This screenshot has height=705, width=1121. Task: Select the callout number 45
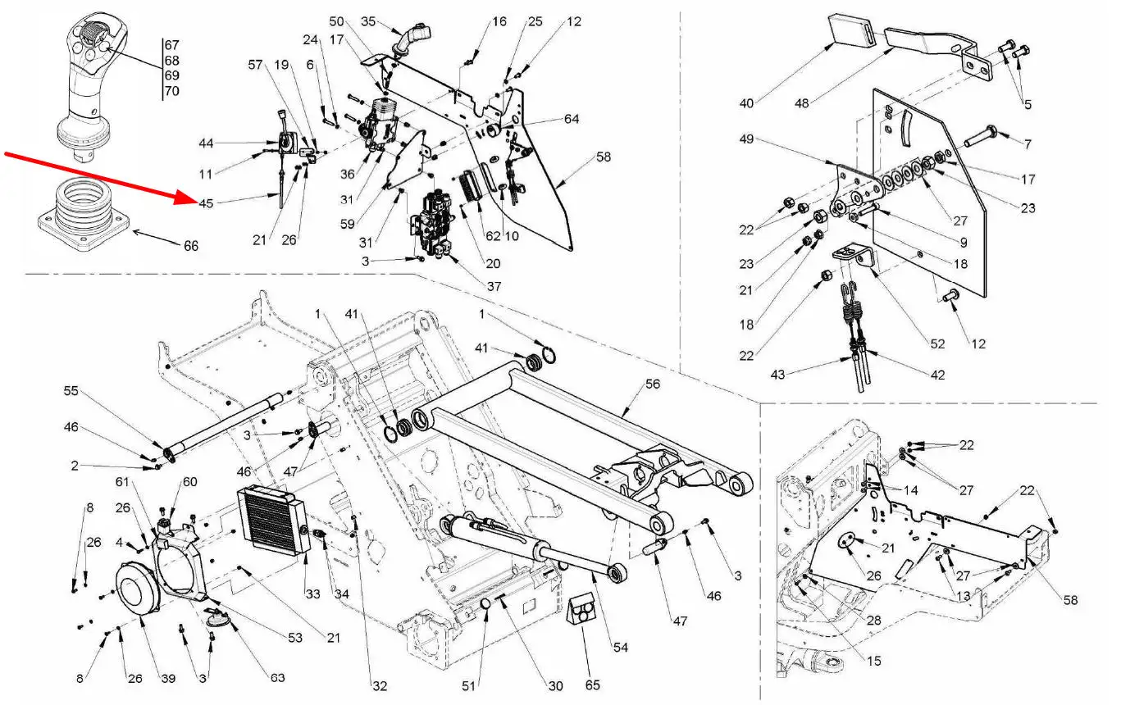tap(207, 202)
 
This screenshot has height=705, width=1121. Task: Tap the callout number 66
tap(191, 245)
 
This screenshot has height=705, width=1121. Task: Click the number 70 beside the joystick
tap(171, 91)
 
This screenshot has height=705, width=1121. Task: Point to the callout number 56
tap(652, 384)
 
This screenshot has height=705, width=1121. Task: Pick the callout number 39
tap(168, 679)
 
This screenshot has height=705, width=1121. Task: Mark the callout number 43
tap(777, 375)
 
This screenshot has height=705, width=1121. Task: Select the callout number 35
tap(367, 20)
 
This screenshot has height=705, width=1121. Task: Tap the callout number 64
tap(572, 120)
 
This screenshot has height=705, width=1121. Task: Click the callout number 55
tap(71, 392)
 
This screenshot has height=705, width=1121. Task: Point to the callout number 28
tap(873, 621)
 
